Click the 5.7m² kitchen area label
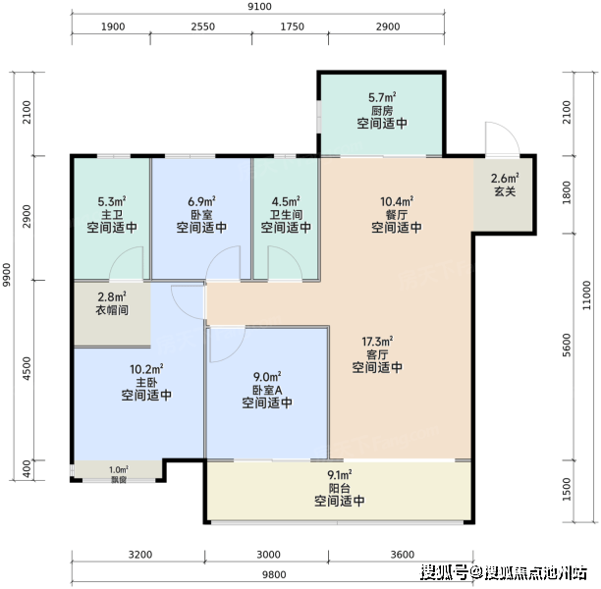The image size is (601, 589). click(382, 97)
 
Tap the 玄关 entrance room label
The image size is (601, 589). click(505, 191)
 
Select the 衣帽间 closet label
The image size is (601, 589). click(112, 310)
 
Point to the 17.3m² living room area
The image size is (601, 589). click(377, 341)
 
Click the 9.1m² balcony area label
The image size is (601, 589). click(340, 475)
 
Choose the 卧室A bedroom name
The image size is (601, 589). click(267, 390)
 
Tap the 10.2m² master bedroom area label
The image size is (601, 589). click(146, 369)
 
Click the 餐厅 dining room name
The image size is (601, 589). click(397, 215)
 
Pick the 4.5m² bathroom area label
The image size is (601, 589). click(286, 201)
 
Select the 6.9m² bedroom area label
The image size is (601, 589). click(201, 201)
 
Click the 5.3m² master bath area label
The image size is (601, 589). click(112, 201)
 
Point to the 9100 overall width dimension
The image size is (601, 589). click(259, 7)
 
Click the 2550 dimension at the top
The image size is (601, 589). click(203, 27)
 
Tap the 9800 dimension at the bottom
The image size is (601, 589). click(274, 574)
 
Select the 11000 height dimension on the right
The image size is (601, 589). click(586, 295)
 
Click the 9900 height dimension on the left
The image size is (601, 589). click(7, 275)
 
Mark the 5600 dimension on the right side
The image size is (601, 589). click(566, 345)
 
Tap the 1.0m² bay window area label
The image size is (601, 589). click(119, 470)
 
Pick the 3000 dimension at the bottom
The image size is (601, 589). click(268, 555)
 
